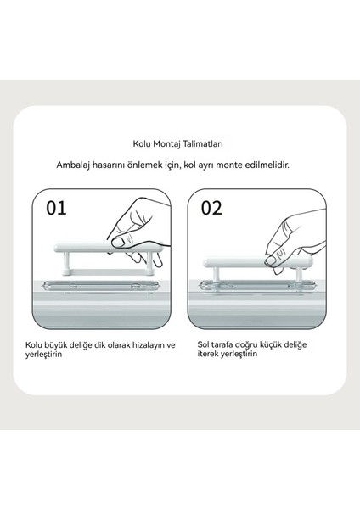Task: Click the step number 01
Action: point(56,208)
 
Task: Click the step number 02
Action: point(211,208)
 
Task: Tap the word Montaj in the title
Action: point(166,144)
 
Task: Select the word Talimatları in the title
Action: point(203,143)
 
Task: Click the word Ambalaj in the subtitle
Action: point(73,165)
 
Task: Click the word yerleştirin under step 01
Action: point(43,354)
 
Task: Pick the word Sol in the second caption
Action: point(203,344)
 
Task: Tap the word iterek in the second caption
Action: point(208,354)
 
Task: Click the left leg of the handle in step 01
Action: point(66,263)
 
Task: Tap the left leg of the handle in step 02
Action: point(216,275)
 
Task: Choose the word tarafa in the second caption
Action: point(222,344)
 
